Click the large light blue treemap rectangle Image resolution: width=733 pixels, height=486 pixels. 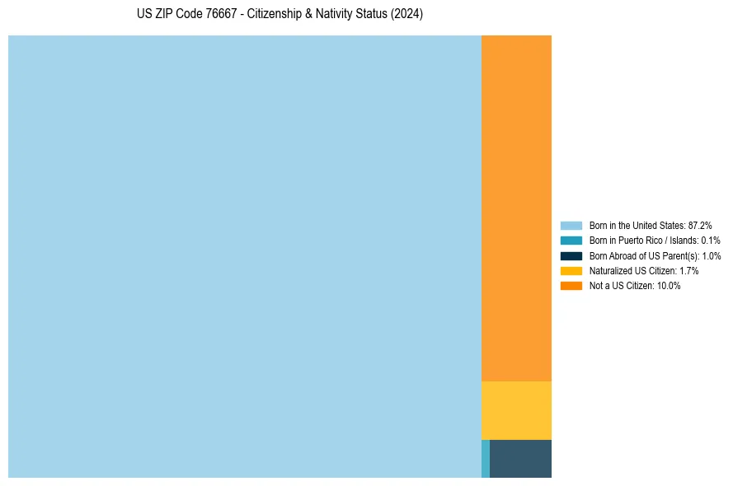pos(244,256)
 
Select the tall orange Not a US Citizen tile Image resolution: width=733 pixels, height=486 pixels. pos(516,208)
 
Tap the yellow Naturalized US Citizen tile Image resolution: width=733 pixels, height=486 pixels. pos(516,410)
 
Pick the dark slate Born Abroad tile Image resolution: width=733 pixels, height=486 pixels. pos(520,459)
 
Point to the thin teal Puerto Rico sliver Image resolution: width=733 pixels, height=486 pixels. pos(486,459)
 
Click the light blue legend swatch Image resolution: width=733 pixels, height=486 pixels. pos(571,225)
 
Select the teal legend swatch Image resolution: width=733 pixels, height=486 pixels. pos(571,241)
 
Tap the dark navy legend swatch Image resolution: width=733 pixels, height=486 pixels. pos(571,255)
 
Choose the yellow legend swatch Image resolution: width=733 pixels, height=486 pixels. pos(571,270)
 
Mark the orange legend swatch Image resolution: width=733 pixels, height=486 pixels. pos(571,286)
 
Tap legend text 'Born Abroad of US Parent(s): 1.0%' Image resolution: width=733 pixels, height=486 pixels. pos(655,255)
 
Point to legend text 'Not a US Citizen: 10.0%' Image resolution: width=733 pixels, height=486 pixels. pos(635,286)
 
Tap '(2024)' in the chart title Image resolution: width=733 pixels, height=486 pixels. pos(406,15)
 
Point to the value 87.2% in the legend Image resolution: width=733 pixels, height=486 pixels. pos(700,225)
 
